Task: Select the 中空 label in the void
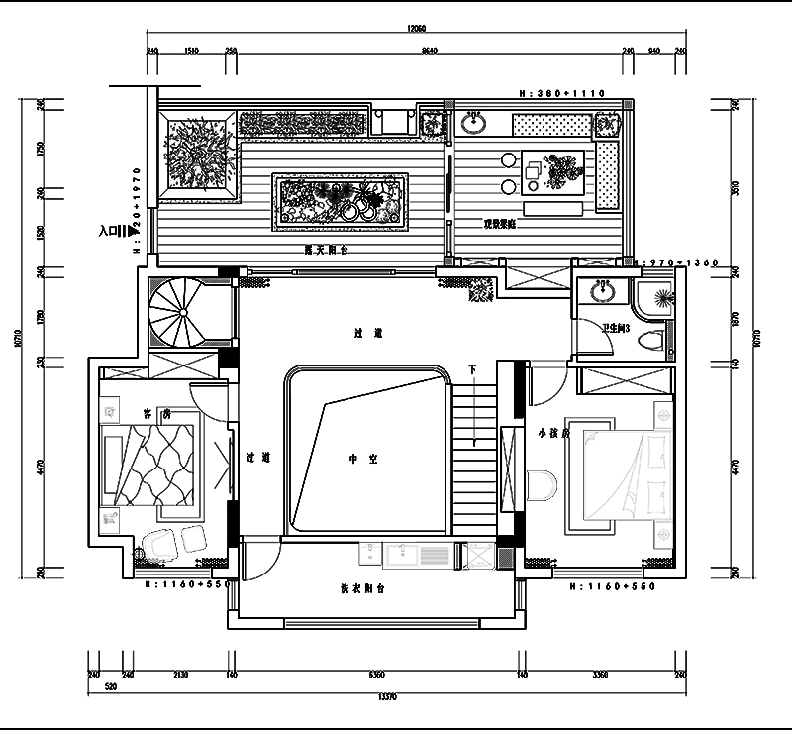click(357, 459)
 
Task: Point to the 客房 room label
click(154, 414)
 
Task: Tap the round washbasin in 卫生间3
click(600, 292)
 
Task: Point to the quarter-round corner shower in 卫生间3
click(656, 296)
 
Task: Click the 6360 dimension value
click(376, 676)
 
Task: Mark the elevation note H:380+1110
click(561, 92)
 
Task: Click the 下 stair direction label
click(472, 370)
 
